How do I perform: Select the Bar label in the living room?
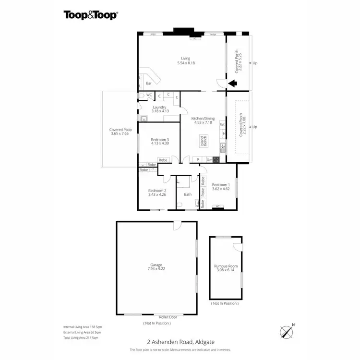click(x=149, y=83)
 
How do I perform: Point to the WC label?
click(x=149, y=95)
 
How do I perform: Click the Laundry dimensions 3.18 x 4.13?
click(x=159, y=111)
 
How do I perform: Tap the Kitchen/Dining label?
click(x=202, y=118)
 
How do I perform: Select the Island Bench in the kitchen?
click(x=203, y=141)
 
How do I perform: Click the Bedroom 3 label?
click(x=160, y=140)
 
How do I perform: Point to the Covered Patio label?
click(x=120, y=129)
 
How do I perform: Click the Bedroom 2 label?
click(x=157, y=190)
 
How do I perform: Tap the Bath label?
click(x=188, y=194)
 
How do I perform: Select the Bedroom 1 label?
click(x=221, y=184)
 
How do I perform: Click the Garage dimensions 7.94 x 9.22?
click(x=156, y=269)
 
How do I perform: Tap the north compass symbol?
click(x=286, y=331)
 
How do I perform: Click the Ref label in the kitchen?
click(x=222, y=125)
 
